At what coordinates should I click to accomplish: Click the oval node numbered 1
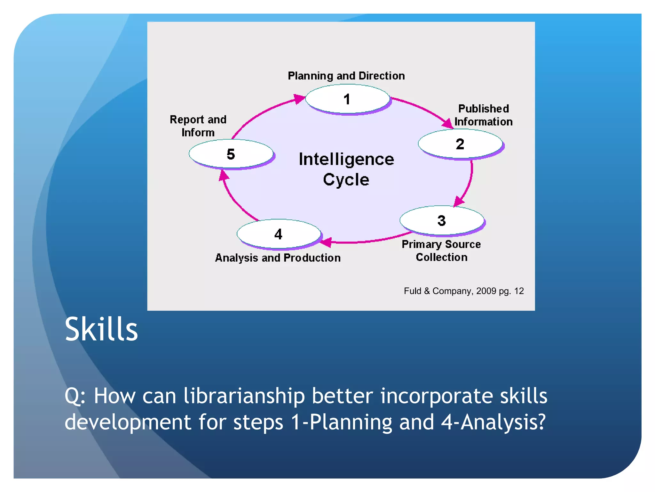click(x=347, y=99)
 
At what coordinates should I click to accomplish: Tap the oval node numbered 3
click(x=442, y=220)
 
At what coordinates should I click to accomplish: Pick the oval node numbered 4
click(x=279, y=234)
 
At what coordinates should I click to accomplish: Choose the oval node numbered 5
click(x=231, y=154)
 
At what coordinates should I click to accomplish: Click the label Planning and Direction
click(x=346, y=76)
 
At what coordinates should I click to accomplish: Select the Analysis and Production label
click(x=278, y=258)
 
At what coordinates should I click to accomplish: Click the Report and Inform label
click(x=198, y=126)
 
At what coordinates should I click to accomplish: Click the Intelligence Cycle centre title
click(x=346, y=169)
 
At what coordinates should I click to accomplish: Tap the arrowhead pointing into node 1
click(x=299, y=99)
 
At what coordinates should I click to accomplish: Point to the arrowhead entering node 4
click(x=326, y=242)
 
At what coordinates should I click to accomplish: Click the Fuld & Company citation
click(x=463, y=291)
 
